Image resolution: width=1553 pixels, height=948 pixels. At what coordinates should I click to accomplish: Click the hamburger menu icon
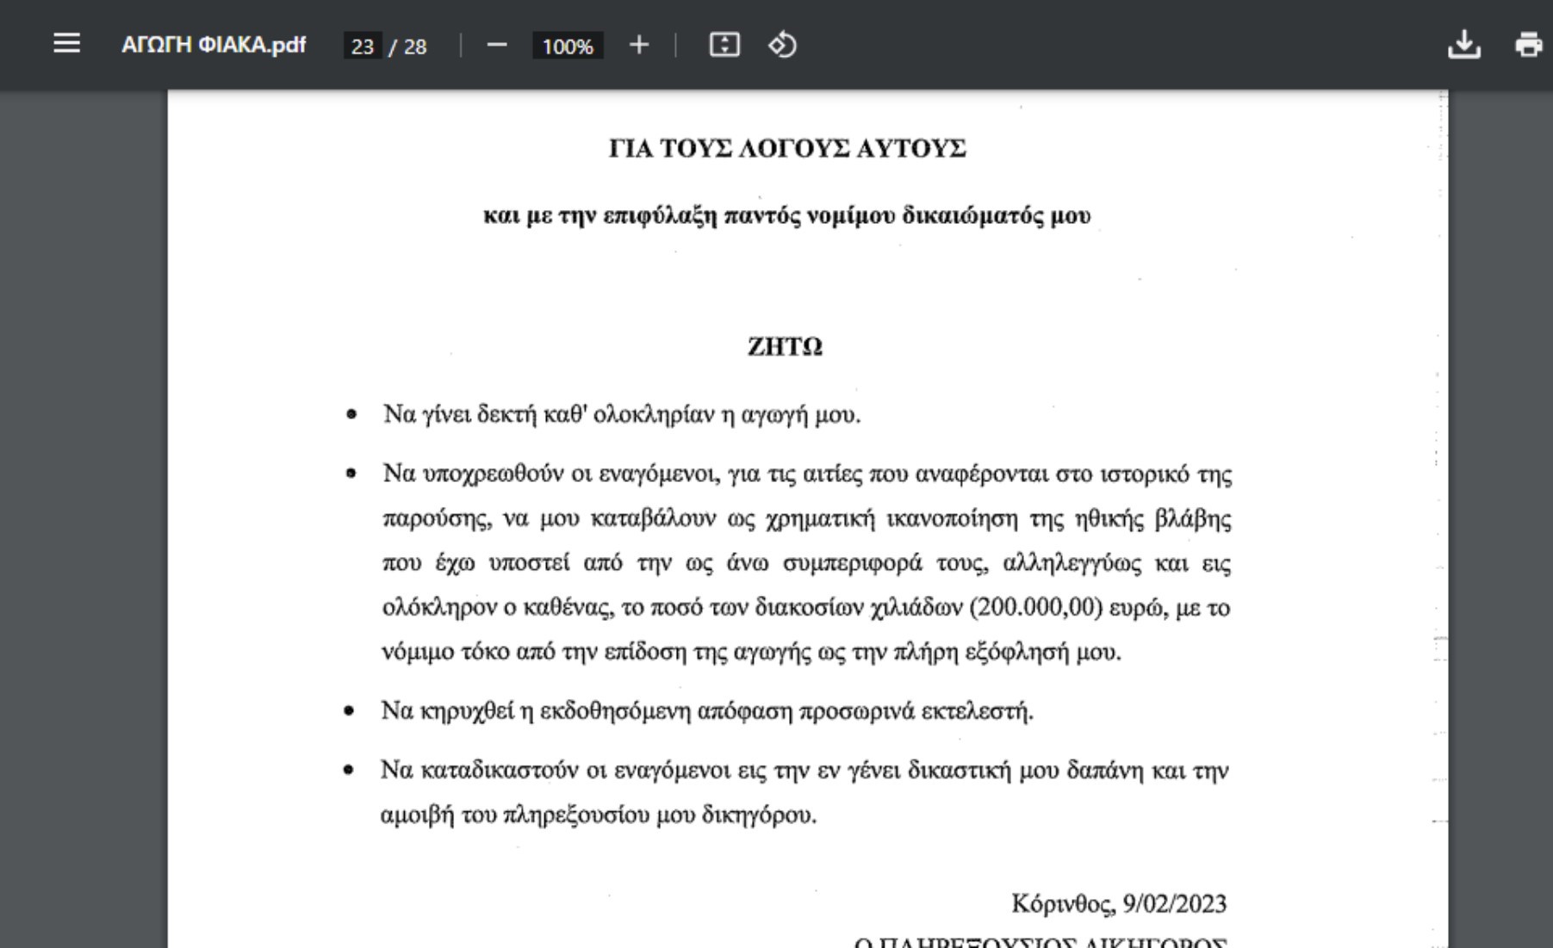tap(66, 44)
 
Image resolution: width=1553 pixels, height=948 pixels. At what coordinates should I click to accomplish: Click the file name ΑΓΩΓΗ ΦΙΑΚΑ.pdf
tap(213, 45)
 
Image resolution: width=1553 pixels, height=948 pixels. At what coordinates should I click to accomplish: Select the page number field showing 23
tap(363, 46)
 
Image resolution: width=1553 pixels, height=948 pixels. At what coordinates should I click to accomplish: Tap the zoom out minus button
tap(497, 45)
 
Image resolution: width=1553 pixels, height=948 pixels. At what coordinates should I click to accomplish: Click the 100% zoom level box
tap(568, 46)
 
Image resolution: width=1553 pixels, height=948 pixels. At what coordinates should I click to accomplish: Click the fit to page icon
tap(724, 45)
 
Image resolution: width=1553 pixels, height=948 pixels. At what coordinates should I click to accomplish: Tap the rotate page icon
tap(782, 45)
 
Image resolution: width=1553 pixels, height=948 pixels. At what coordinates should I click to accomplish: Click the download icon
tap(1463, 45)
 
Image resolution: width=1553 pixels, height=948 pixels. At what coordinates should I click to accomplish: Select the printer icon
tap(1528, 45)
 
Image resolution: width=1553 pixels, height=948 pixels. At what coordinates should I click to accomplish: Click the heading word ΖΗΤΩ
tap(785, 346)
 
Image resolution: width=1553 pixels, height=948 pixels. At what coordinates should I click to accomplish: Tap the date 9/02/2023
tap(1174, 903)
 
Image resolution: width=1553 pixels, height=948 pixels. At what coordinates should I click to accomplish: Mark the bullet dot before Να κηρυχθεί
tap(349, 711)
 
